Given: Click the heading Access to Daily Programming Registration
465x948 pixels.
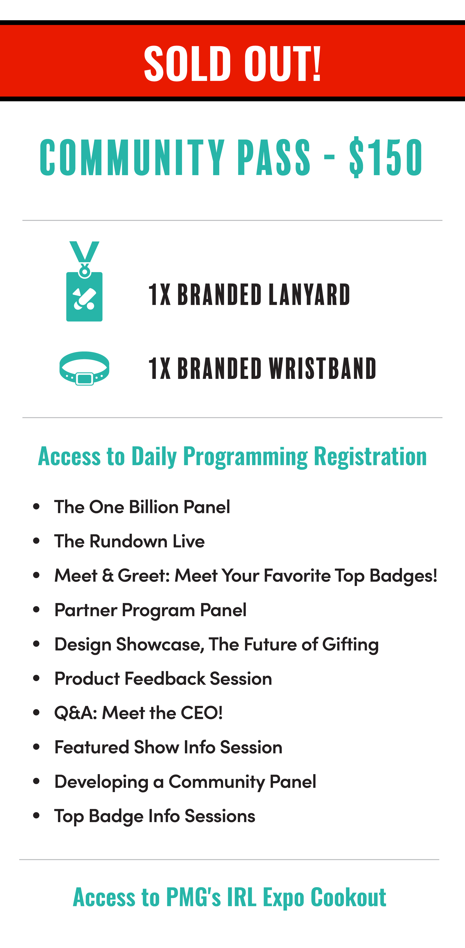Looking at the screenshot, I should [232, 456].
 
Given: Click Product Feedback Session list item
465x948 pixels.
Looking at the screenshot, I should [163, 679].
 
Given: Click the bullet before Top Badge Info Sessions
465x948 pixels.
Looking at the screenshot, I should [36, 816].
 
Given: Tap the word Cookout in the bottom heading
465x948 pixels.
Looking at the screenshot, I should [348, 897].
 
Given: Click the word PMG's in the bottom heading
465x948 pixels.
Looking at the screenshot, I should [193, 897].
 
